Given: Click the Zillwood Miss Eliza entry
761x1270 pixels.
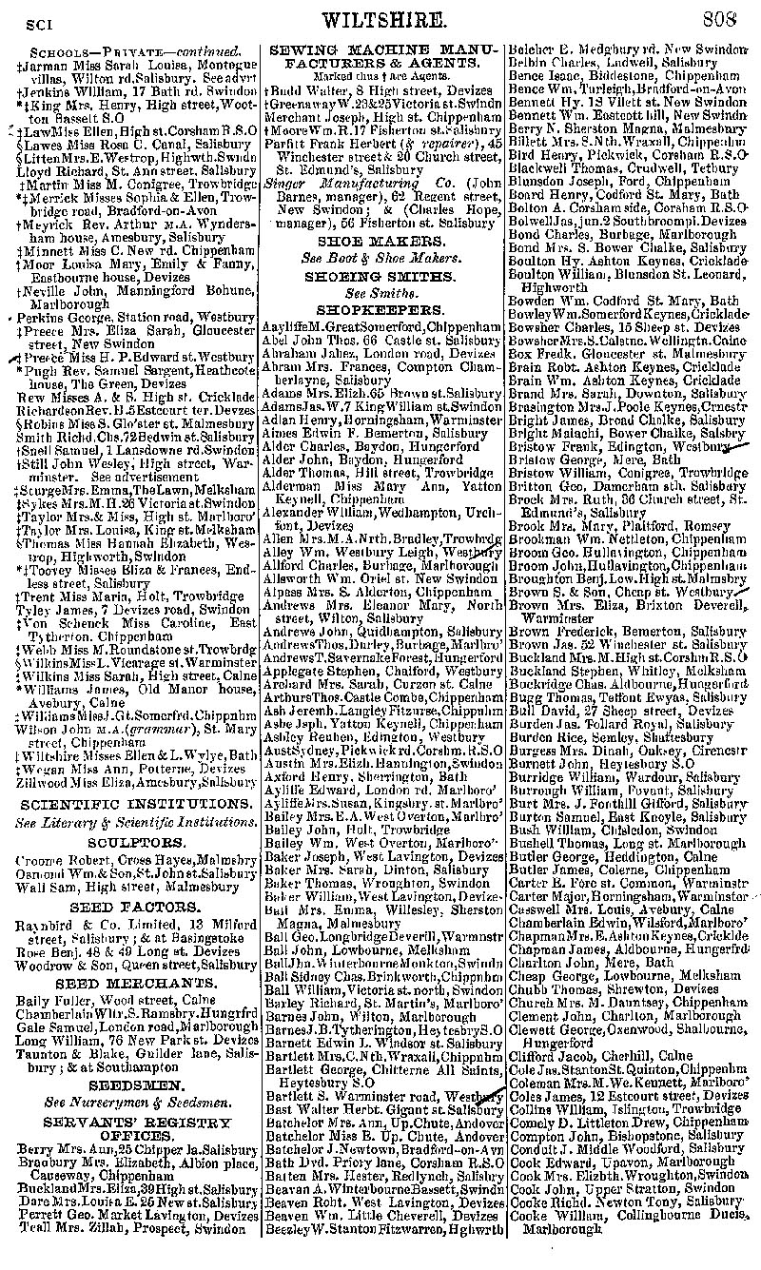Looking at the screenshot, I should pos(133,781).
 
